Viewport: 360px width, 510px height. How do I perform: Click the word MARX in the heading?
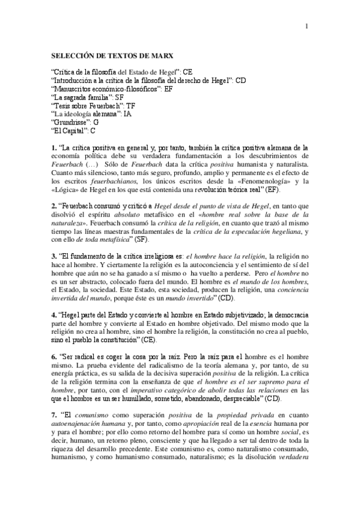[162, 55]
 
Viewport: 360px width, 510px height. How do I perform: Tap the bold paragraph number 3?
[53, 257]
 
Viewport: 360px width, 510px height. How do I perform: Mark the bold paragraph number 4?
[53, 315]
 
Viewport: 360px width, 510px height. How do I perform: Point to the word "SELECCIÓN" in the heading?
[75, 55]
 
